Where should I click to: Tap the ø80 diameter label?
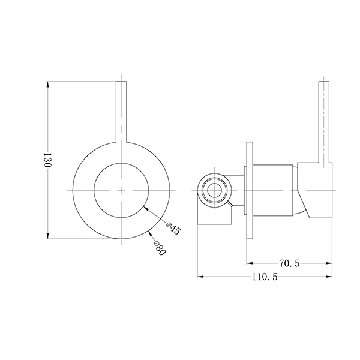pos(158,246)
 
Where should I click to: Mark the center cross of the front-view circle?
pos(122,190)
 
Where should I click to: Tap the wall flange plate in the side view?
pos(250,190)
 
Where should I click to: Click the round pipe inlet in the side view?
pos(213,190)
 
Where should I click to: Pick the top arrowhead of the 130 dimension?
pos(48,84)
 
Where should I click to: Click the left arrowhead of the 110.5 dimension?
pos(202,277)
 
